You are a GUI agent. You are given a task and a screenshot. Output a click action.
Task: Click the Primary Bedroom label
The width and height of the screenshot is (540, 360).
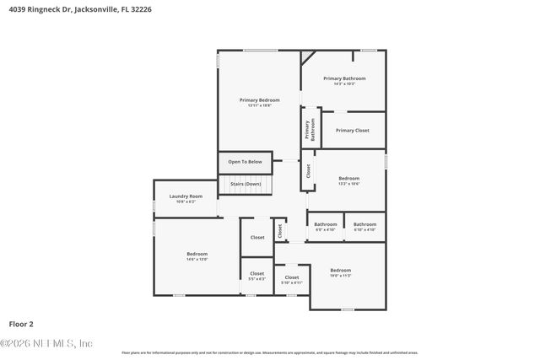[x=258, y=100]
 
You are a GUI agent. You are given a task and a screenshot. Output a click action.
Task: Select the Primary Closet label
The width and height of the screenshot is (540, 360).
[x=352, y=131]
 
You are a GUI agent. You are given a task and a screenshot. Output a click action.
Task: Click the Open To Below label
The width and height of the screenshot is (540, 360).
[x=245, y=162]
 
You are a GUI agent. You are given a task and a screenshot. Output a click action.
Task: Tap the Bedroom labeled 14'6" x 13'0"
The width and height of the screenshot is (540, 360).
[x=197, y=254]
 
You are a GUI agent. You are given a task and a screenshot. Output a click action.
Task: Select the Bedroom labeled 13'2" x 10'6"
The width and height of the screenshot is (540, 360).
[x=348, y=179]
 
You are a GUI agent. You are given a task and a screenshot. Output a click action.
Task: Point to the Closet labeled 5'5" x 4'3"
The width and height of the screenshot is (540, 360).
[x=256, y=274]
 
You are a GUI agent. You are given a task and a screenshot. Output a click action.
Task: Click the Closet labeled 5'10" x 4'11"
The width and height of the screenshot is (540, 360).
[x=291, y=278]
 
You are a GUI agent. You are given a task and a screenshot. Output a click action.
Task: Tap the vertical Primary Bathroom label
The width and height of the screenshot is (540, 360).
[x=310, y=129]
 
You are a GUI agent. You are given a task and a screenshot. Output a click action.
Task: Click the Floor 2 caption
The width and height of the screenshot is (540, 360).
[x=21, y=323]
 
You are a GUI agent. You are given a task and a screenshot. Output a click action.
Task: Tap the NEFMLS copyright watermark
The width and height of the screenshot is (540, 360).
[x=46, y=342]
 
